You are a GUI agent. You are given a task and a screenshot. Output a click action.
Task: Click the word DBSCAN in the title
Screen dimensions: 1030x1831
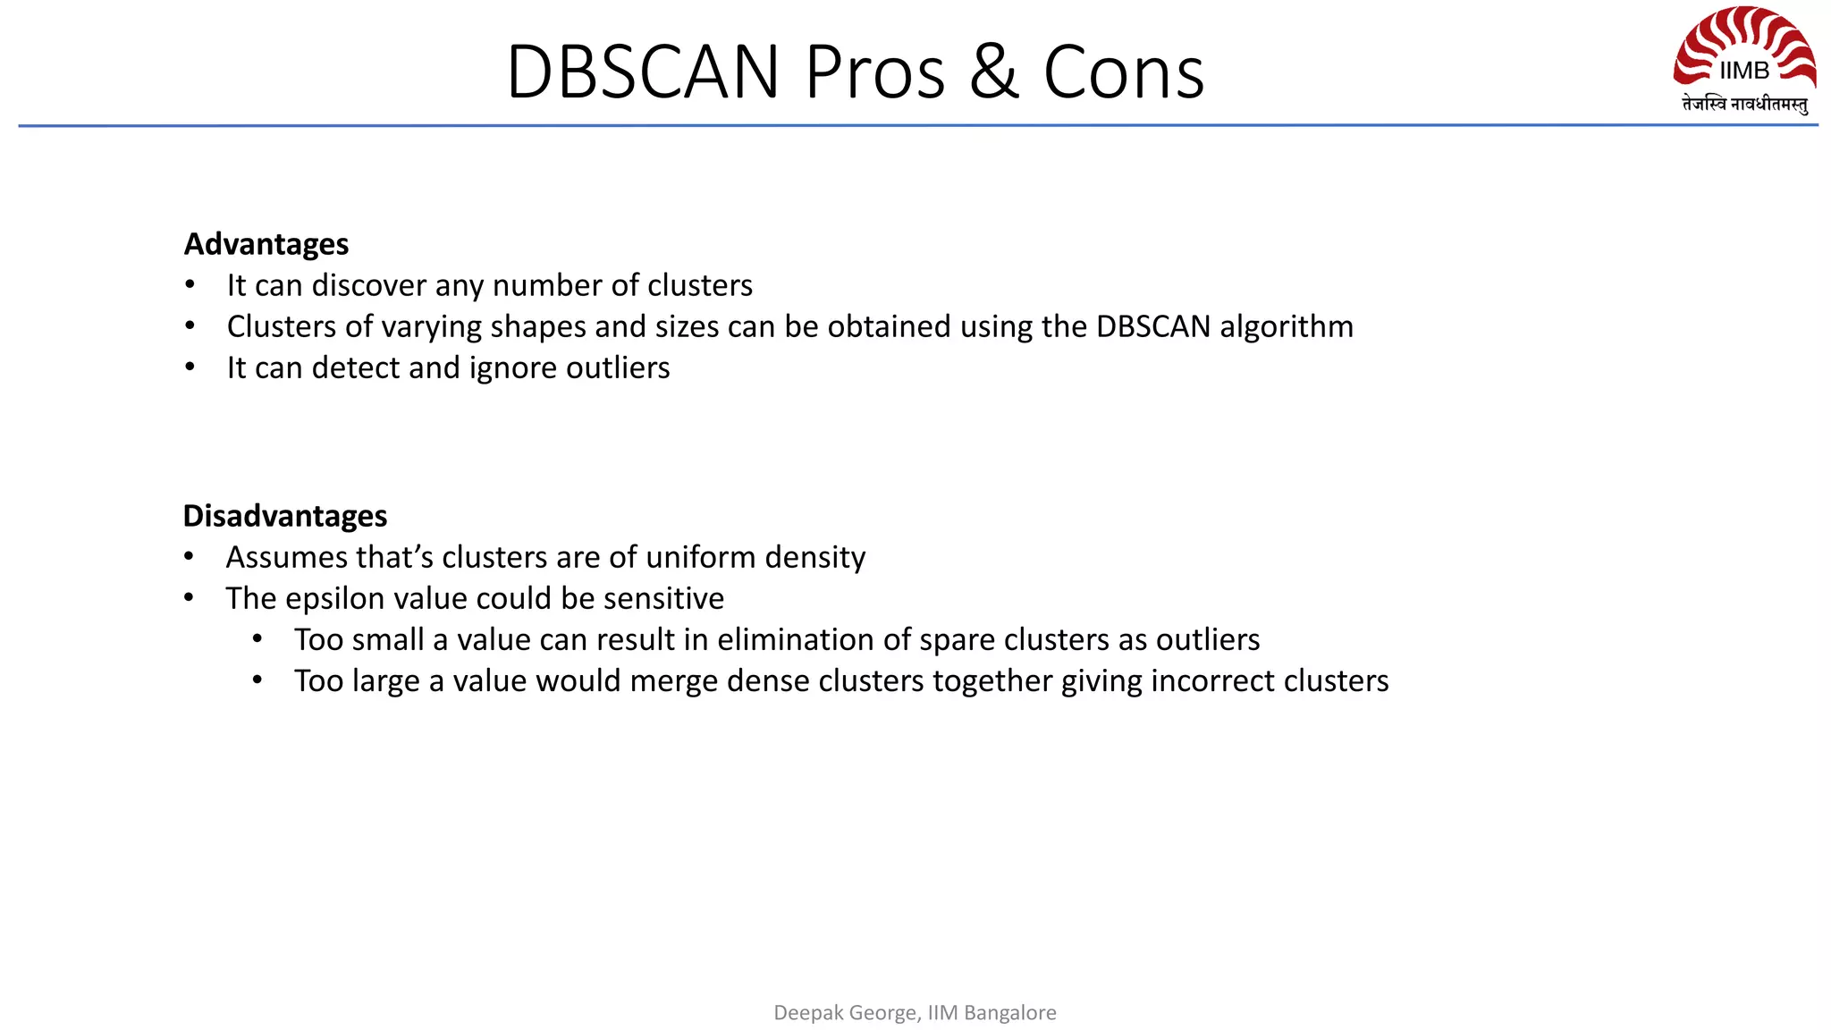click(x=643, y=72)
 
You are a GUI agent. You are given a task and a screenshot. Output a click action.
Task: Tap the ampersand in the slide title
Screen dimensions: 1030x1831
click(x=993, y=72)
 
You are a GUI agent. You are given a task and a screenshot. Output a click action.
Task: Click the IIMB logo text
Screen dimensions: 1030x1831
click(x=1743, y=71)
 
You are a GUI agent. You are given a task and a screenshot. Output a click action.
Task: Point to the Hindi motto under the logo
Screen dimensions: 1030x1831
click(x=1744, y=105)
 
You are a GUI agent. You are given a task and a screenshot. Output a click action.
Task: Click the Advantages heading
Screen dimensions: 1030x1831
click(x=266, y=244)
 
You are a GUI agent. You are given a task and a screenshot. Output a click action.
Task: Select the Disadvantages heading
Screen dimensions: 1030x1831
click(x=284, y=516)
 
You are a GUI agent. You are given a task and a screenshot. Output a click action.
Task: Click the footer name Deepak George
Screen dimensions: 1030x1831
click(x=843, y=1012)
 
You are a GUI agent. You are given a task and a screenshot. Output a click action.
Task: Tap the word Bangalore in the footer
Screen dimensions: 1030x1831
click(x=1010, y=1012)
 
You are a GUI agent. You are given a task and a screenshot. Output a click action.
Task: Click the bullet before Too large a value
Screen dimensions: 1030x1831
click(x=257, y=680)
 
